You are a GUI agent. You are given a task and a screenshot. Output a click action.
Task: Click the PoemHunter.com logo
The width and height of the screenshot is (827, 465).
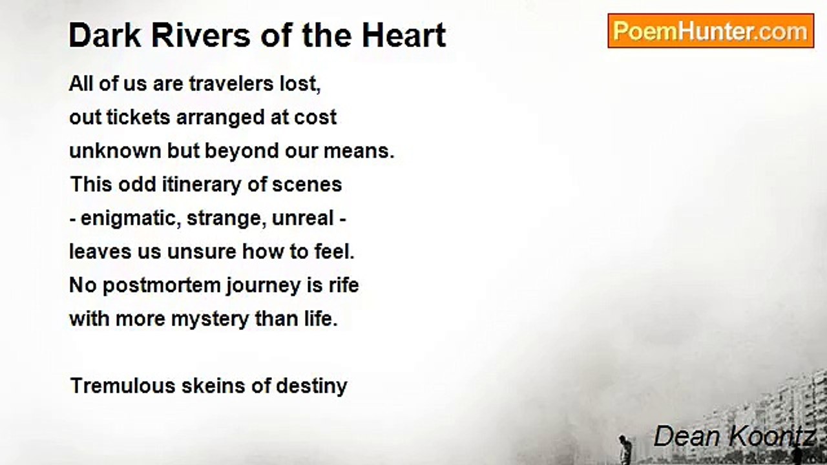(711, 31)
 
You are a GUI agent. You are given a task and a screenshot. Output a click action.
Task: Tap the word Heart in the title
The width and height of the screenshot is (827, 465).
(404, 35)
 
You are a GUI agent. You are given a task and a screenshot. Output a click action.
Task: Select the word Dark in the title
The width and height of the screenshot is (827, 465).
(96, 35)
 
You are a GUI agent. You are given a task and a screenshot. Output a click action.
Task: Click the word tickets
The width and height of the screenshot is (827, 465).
(138, 118)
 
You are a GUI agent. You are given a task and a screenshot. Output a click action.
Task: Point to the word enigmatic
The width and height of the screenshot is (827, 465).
(130, 218)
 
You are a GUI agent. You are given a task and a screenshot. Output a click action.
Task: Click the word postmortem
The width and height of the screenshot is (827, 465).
(160, 285)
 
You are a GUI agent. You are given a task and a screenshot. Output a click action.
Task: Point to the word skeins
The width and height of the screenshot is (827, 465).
(200, 386)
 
